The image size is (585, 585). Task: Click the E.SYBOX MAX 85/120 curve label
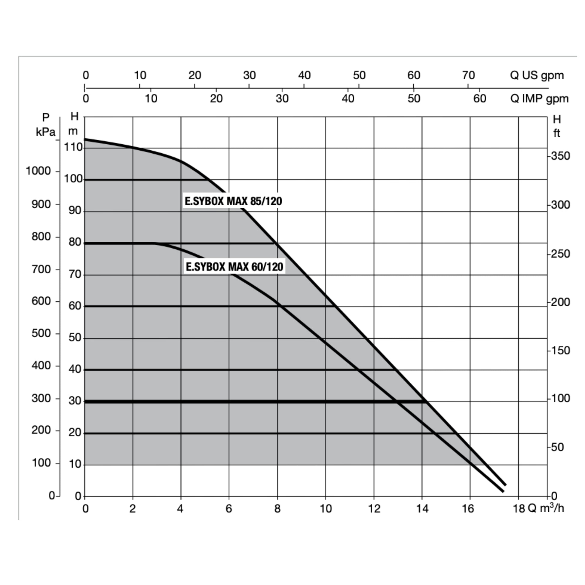(234, 201)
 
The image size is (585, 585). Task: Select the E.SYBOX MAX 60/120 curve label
(235, 267)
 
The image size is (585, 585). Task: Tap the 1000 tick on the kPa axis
(38, 171)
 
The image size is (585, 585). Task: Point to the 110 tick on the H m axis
(73, 148)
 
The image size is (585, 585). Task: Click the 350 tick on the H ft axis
(560, 156)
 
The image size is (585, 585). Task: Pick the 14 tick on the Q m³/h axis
(422, 509)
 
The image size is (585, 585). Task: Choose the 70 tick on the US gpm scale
(468, 75)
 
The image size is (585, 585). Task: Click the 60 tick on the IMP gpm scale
(479, 99)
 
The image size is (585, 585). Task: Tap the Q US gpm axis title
(537, 75)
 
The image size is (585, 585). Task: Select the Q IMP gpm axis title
(539, 99)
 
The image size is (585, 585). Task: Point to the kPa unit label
(46, 132)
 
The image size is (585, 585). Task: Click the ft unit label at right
(557, 133)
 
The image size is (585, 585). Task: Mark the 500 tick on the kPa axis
(41, 333)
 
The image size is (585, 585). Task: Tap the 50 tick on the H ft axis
(557, 447)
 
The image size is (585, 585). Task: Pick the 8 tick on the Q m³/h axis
(277, 509)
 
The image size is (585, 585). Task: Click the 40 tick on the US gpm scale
(304, 75)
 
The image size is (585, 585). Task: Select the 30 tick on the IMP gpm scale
(282, 99)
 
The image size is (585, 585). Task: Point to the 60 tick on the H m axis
(75, 306)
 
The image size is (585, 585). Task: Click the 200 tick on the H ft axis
(560, 302)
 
